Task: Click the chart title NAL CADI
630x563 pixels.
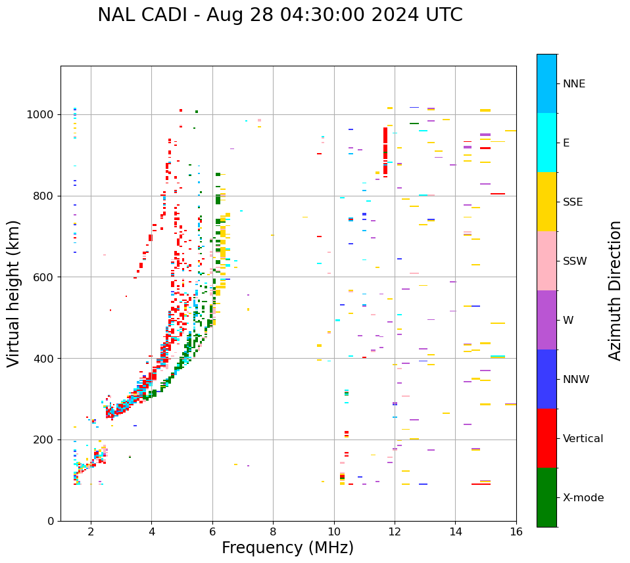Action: (x=279, y=15)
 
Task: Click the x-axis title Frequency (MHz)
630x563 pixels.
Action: (x=287, y=548)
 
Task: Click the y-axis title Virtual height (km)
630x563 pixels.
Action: (x=14, y=293)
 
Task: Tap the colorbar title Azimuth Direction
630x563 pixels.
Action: (x=615, y=290)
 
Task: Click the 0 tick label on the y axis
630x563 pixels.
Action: (x=50, y=521)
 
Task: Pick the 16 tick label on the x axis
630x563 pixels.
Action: (x=516, y=531)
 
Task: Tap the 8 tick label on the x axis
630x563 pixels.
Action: (x=273, y=531)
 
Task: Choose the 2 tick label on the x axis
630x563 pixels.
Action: (x=91, y=531)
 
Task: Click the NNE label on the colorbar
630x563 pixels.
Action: (x=573, y=84)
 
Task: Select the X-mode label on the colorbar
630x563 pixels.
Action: (x=583, y=498)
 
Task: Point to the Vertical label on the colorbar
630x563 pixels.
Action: (x=583, y=439)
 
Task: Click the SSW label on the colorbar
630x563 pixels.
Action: (x=575, y=261)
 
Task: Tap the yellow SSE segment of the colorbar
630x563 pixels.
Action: (x=546, y=202)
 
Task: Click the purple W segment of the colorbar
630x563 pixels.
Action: (x=546, y=320)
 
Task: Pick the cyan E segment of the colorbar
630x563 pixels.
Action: (x=546, y=143)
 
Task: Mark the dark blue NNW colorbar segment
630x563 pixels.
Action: (x=546, y=379)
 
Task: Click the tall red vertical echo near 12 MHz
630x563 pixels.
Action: (x=385, y=151)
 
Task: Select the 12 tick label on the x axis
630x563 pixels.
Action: (x=395, y=531)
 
